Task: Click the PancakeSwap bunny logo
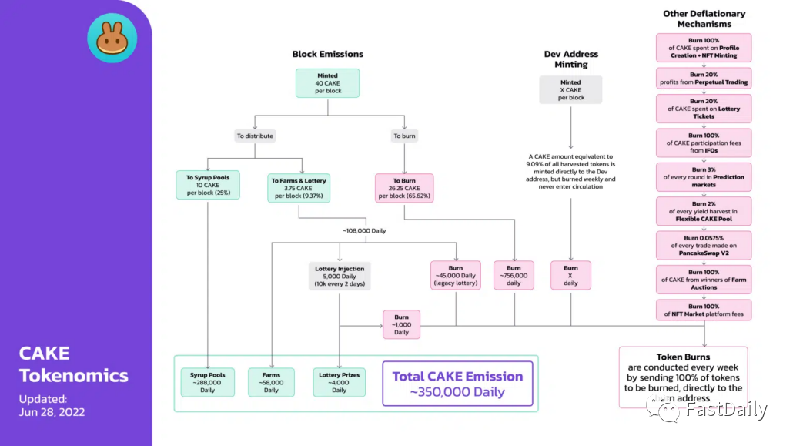click(x=112, y=38)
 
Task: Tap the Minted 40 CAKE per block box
click(x=327, y=83)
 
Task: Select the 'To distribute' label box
click(x=255, y=136)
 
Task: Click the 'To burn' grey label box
click(x=404, y=136)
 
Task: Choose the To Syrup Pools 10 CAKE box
click(x=207, y=185)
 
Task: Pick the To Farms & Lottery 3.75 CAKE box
click(x=299, y=188)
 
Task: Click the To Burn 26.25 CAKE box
click(x=403, y=188)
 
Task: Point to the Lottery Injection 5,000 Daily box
click(x=340, y=276)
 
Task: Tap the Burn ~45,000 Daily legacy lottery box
click(x=456, y=275)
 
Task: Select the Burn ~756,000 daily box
click(x=514, y=275)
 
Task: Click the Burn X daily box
click(x=570, y=275)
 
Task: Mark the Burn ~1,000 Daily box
click(x=401, y=324)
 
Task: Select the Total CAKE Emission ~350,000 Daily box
click(x=457, y=384)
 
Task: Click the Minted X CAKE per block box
click(x=570, y=89)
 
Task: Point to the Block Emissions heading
click(x=327, y=54)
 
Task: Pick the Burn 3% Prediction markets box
click(x=704, y=177)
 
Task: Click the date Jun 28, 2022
click(x=52, y=412)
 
